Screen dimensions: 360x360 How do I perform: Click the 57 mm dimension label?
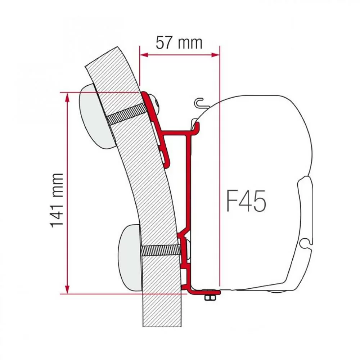[x=179, y=43]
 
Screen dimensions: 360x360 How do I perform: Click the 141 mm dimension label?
[x=57, y=200]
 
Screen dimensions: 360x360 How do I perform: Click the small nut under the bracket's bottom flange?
[x=208, y=297]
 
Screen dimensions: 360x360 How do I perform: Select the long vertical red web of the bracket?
[x=189, y=180]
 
